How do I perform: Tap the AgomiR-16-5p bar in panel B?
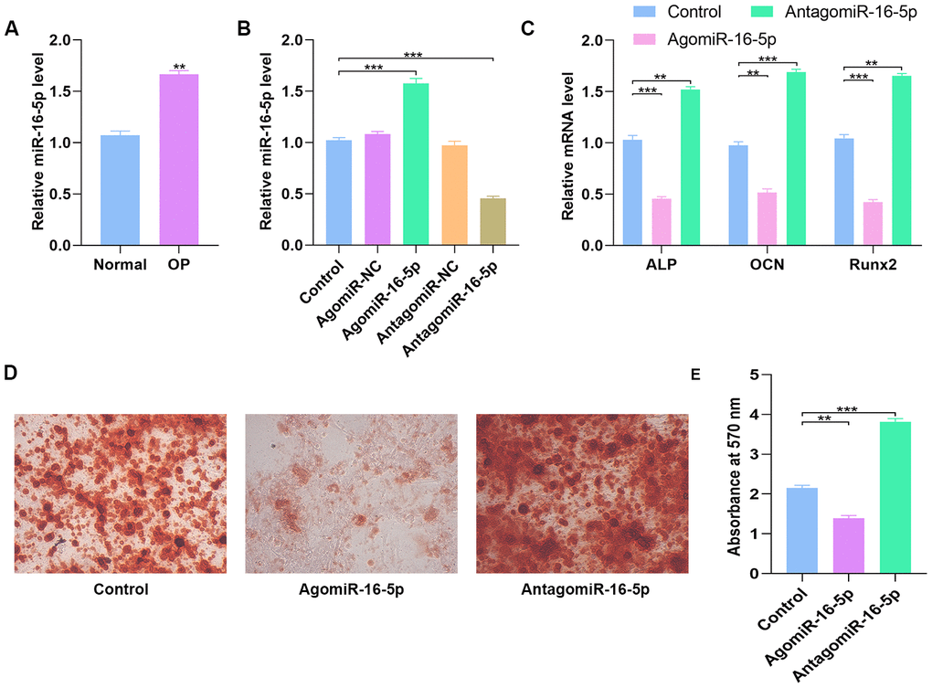(x=417, y=164)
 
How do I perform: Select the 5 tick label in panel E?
(x=755, y=375)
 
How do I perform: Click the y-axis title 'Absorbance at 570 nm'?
(x=733, y=473)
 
